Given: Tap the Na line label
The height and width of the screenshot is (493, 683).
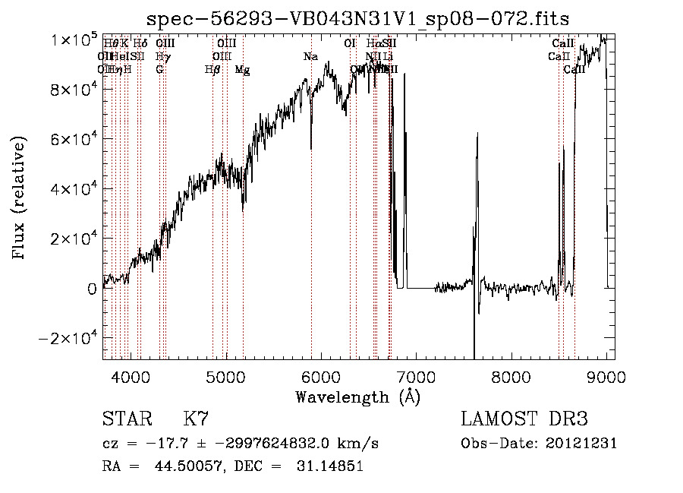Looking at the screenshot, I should point(310,57).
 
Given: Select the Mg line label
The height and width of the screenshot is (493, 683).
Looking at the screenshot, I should point(242,70).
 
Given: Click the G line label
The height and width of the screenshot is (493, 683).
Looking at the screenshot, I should point(159,70).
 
